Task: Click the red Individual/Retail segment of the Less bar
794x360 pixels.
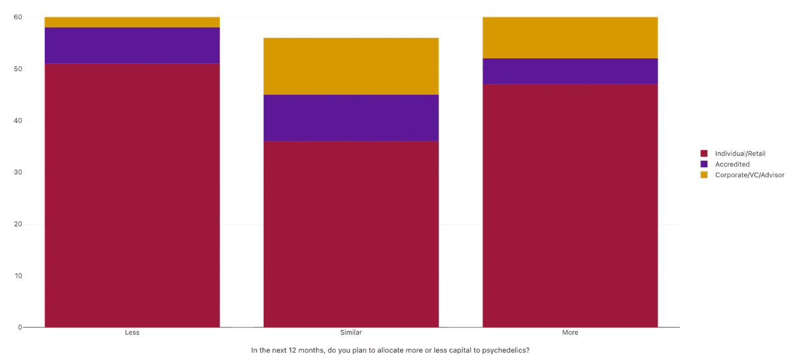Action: (132, 195)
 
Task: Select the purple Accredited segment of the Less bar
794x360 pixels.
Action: (132, 45)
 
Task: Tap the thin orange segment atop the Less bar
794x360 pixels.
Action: (132, 22)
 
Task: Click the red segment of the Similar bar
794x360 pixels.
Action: (351, 234)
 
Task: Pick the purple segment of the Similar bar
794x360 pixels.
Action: (351, 118)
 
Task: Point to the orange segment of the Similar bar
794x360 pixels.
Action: (351, 66)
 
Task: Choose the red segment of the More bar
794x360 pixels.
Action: (570, 205)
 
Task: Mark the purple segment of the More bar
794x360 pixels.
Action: (570, 71)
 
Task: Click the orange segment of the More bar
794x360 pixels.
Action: (570, 37)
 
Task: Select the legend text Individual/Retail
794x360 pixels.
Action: (740, 154)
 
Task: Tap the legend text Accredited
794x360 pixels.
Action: (732, 165)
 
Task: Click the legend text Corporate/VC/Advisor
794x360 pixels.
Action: (749, 175)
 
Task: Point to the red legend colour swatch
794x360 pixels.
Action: (704, 154)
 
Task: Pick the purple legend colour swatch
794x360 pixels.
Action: (704, 165)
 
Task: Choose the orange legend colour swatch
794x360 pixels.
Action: (704, 175)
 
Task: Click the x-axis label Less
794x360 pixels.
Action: (132, 332)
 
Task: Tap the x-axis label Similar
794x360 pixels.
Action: (351, 332)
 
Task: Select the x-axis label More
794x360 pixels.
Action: (570, 332)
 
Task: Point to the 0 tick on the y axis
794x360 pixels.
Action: (20, 327)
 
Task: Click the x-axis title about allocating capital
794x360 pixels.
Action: (390, 350)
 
